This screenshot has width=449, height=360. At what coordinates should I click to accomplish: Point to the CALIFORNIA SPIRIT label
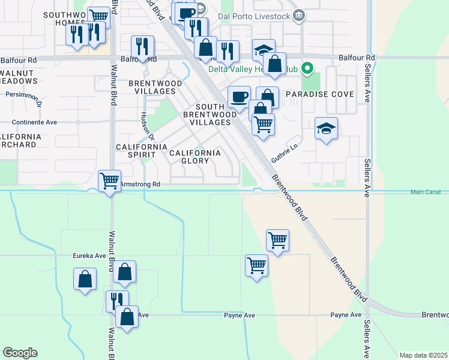coord(141,151)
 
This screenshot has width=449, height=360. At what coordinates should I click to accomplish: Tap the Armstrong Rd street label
coord(140,184)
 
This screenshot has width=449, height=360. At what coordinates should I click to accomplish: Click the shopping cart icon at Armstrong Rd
coord(109,180)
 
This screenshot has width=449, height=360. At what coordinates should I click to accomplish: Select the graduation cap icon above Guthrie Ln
coord(326,128)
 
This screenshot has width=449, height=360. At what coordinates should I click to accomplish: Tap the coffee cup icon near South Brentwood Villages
coord(239,97)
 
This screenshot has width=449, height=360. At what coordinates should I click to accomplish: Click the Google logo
coord(20,353)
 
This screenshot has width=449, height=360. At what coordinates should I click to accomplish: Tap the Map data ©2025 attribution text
coord(423,355)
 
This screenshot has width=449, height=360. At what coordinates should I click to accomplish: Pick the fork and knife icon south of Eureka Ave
coord(116,301)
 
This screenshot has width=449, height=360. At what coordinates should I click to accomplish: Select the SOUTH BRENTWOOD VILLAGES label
coord(206,113)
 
